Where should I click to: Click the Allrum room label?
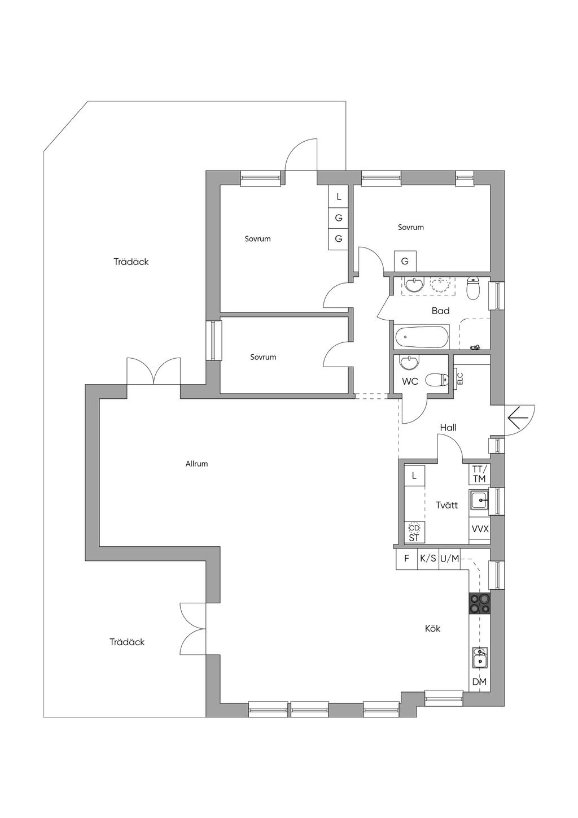(x=196, y=464)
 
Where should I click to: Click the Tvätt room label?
(x=446, y=506)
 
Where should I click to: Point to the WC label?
(x=410, y=382)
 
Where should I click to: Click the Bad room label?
(x=440, y=311)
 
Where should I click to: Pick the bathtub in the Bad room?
(x=422, y=337)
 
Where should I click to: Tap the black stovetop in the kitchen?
(x=479, y=603)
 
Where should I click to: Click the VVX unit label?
(x=480, y=529)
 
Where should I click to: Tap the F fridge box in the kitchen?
(x=406, y=558)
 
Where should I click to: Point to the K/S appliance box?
(x=428, y=558)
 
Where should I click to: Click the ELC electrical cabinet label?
(x=460, y=378)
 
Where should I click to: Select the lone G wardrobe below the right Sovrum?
(x=405, y=261)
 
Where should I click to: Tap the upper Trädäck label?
(x=131, y=262)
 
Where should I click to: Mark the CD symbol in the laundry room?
(x=414, y=528)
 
